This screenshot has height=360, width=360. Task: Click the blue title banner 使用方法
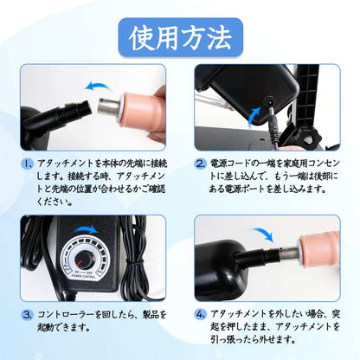pos(181,38)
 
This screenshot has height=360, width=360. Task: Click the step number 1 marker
pos(29,164)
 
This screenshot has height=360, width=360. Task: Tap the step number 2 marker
pos(201,164)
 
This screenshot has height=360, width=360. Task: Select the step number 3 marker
pos(28,315)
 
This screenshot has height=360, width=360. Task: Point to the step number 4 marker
pos(201,314)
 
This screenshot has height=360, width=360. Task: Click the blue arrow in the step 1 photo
pos(98,86)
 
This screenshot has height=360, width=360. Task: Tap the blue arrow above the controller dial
pos(86,230)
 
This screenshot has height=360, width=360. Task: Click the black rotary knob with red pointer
pos(83,259)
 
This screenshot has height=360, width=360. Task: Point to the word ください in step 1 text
pos(51,202)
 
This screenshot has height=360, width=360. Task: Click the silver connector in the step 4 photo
pos(287,254)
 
